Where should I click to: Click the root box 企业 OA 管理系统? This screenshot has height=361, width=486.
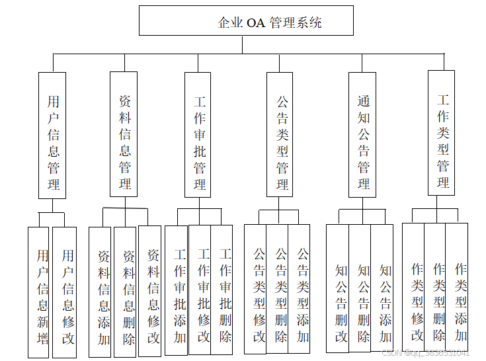coord(246,21)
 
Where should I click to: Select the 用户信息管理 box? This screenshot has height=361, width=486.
coord(52,135)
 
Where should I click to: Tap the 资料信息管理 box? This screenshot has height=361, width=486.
coord(124,135)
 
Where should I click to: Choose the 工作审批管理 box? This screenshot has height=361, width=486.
coord(199,135)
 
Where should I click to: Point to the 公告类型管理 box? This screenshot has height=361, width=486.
coord(280,135)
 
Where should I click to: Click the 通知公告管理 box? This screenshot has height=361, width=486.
coord(362,135)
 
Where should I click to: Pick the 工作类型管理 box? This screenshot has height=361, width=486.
coord(441,132)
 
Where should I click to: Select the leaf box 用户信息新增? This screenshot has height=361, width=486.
coord(38,292)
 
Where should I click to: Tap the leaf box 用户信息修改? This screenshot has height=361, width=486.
coord(65,292)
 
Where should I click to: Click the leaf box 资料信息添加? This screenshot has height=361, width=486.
coord(101,292)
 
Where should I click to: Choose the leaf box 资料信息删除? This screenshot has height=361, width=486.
coord(125,292)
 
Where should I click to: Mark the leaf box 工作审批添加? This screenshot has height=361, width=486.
coord(177,290)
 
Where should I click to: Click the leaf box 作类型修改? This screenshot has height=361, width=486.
coord(414,292)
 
